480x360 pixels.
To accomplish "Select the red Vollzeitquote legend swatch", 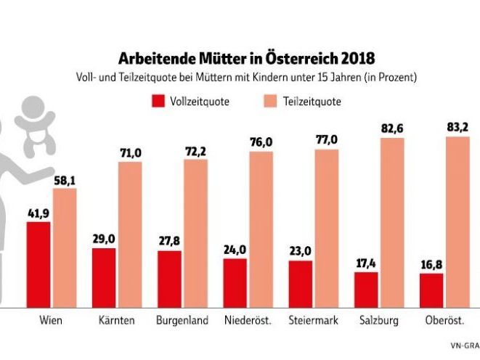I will (x=158, y=100).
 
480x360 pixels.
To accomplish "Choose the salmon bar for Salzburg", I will (x=391, y=221).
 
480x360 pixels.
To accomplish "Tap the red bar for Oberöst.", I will (x=431, y=290).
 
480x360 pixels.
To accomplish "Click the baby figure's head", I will (x=31, y=114).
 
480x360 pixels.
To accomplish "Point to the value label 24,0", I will (x=235, y=250).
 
